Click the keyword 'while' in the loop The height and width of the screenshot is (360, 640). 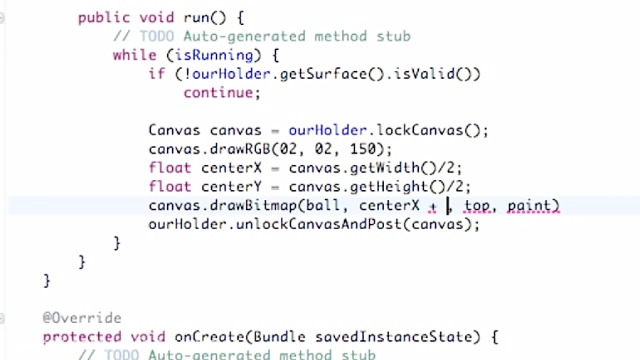(x=134, y=55)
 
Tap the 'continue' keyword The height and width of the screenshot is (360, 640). (x=218, y=92)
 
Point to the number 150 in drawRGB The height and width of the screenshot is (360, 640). (x=363, y=149)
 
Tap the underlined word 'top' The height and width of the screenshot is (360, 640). (x=477, y=206)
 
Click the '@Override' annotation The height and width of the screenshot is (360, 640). (x=82, y=318)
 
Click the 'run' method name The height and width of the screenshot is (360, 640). (x=196, y=17)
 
